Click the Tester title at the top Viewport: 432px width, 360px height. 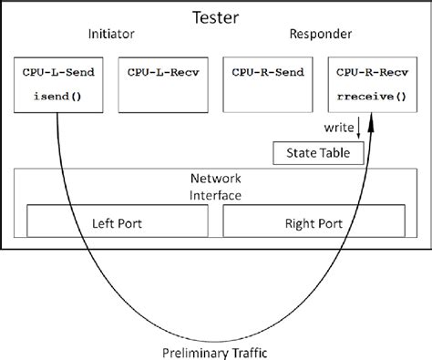(216, 16)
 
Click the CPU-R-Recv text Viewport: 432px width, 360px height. (371, 70)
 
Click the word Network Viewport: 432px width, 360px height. (216, 179)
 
